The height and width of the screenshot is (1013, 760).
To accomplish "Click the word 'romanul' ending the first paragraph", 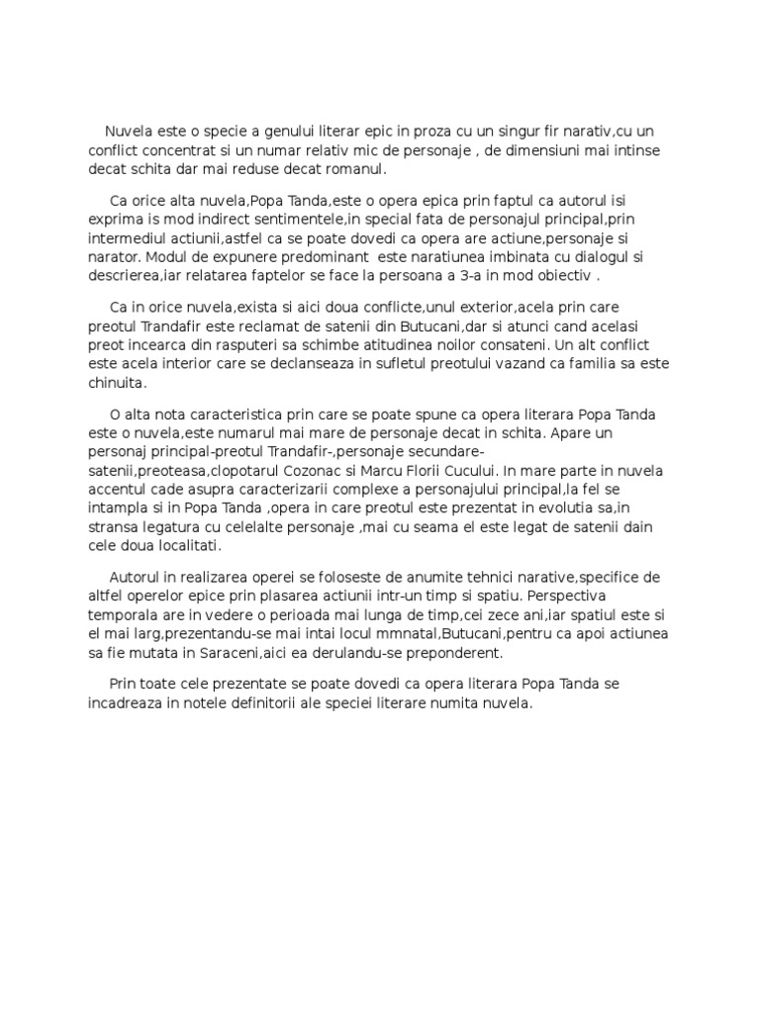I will click(351, 170).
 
